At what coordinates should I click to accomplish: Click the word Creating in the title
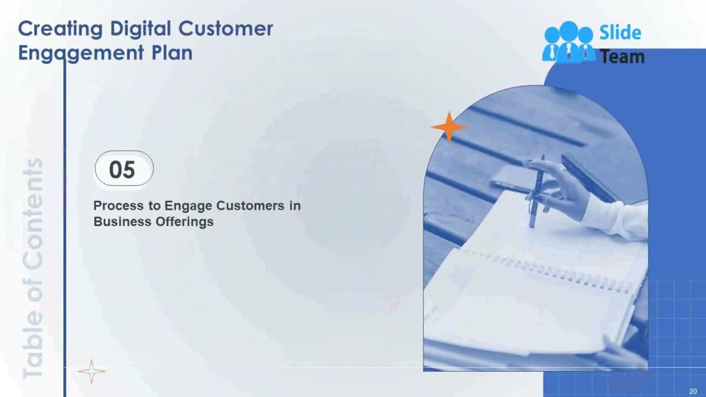pyautogui.click(x=60, y=29)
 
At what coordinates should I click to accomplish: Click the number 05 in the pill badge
pyautogui.click(x=122, y=169)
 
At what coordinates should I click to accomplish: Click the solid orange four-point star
pyautogui.click(x=448, y=127)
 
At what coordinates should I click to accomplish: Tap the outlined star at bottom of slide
pyautogui.click(x=91, y=371)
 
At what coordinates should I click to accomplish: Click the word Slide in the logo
pyautogui.click(x=620, y=33)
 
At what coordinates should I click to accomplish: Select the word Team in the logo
pyautogui.click(x=622, y=56)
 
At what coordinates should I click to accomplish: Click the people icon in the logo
pyautogui.click(x=568, y=42)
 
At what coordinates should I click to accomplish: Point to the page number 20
pyautogui.click(x=693, y=391)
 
